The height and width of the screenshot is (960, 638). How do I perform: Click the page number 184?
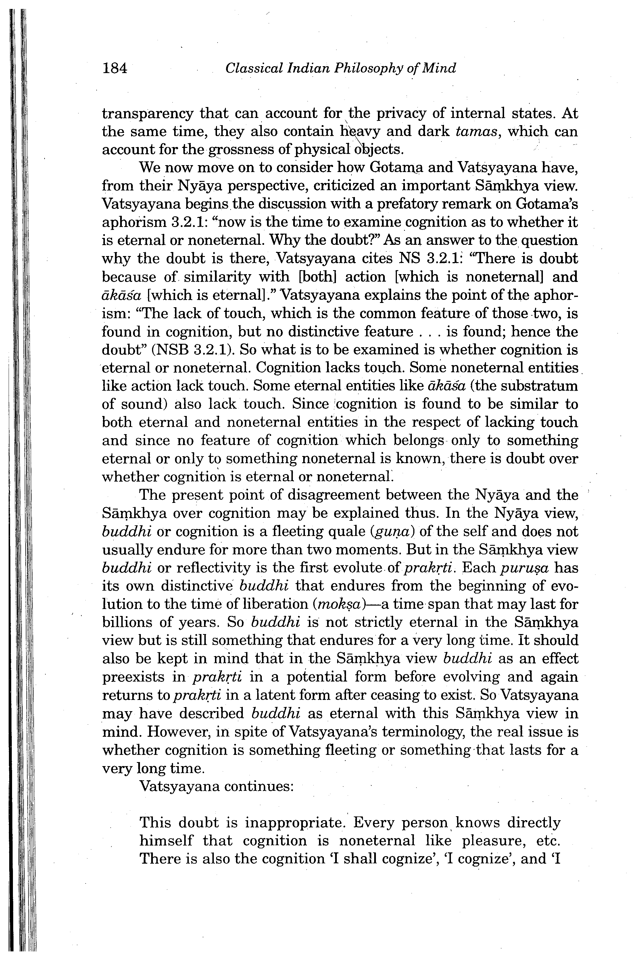click(115, 68)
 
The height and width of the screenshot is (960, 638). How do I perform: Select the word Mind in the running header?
click(439, 68)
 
